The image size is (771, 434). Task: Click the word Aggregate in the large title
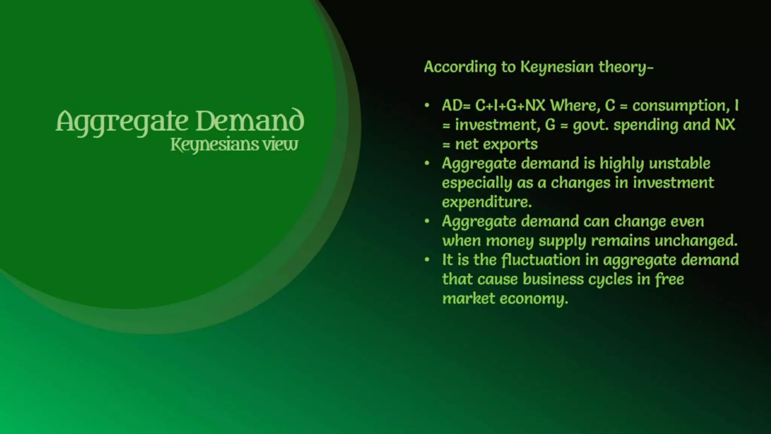coord(122,121)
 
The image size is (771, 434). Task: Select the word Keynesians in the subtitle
coord(214,145)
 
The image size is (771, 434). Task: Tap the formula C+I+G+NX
coord(510,105)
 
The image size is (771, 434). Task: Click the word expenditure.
coord(487,202)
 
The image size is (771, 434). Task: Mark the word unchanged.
coord(696,240)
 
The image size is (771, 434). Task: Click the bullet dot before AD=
coord(427,105)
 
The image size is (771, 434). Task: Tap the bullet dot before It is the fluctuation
coord(427,260)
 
